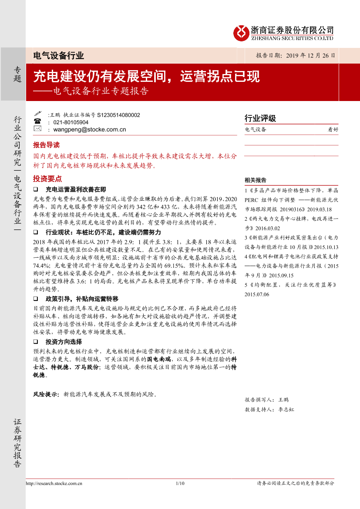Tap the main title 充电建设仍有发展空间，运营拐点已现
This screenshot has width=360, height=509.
point(147,77)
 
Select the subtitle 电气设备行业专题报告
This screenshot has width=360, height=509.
point(101,91)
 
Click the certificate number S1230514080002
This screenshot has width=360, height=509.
point(118,115)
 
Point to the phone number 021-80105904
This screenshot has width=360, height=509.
point(71,122)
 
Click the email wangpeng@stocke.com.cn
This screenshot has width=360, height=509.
point(90,129)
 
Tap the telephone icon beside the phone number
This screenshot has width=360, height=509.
point(37,122)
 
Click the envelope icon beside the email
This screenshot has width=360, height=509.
point(37,129)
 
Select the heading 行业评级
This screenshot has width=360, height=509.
point(260,118)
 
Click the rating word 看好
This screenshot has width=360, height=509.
point(333,129)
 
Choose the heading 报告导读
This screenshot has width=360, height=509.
point(46,145)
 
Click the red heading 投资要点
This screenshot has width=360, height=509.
point(47,179)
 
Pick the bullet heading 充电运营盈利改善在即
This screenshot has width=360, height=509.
point(76,190)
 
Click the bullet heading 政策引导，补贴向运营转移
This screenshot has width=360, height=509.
point(82,299)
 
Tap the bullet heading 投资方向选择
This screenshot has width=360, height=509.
point(64,342)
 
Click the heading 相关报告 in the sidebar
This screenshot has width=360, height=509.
point(256,180)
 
